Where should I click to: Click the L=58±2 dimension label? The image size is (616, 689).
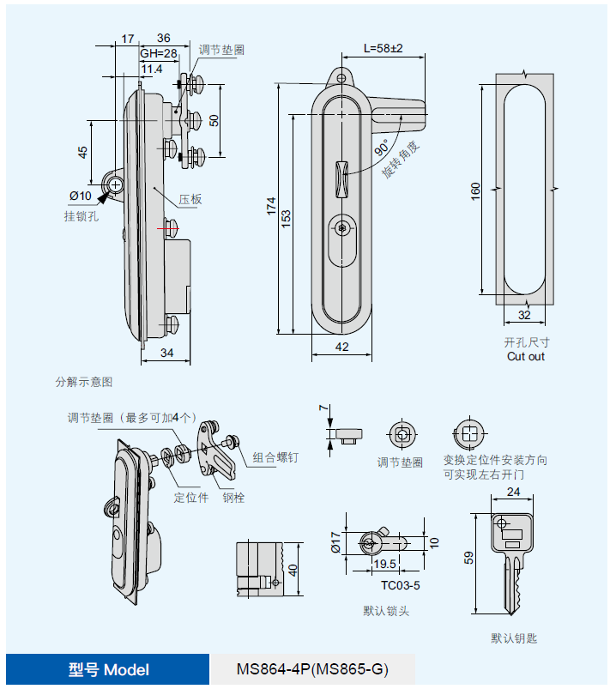383,48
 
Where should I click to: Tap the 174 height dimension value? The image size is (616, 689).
271,206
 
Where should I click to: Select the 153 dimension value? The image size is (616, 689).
286,219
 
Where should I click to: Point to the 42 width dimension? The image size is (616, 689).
341,347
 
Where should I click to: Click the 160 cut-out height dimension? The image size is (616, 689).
475,191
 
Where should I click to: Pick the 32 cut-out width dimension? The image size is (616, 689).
524,315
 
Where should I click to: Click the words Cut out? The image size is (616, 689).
526,356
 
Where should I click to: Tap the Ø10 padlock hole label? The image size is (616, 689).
81,196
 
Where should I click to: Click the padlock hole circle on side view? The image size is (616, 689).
115,185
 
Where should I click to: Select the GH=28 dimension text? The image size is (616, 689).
159,53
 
